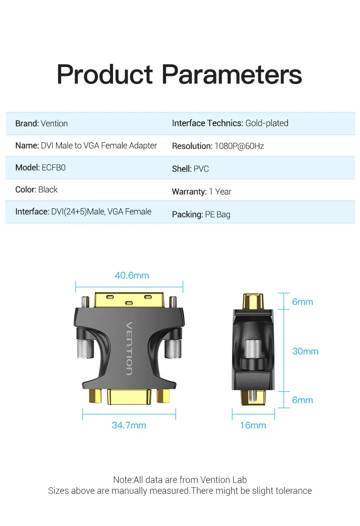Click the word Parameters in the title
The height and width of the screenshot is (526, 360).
pyautogui.click(x=231, y=74)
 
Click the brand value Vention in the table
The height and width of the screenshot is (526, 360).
pyautogui.click(x=54, y=124)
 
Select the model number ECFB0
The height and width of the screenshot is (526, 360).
pyautogui.click(x=53, y=168)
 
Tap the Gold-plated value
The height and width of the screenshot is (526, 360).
pyautogui.click(x=267, y=123)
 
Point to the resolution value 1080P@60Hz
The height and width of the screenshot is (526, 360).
pyautogui.click(x=239, y=146)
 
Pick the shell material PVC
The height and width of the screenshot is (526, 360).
pyautogui.click(x=201, y=169)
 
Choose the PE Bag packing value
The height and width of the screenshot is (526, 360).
pyautogui.click(x=218, y=215)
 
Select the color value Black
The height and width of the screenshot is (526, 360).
pyautogui.click(x=48, y=190)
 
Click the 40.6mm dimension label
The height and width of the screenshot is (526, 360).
pyautogui.click(x=132, y=275)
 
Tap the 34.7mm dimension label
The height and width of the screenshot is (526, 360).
pyautogui.click(x=129, y=425)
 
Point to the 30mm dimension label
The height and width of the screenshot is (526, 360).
pyautogui.click(x=305, y=351)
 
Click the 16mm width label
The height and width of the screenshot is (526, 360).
pyautogui.click(x=253, y=425)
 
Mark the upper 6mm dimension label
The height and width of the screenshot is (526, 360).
pyautogui.click(x=302, y=302)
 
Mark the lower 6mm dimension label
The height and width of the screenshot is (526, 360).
pyautogui.click(x=302, y=400)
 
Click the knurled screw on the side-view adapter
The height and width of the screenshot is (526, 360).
pyautogui.click(x=253, y=349)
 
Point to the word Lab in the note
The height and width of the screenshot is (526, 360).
pyautogui.click(x=239, y=480)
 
